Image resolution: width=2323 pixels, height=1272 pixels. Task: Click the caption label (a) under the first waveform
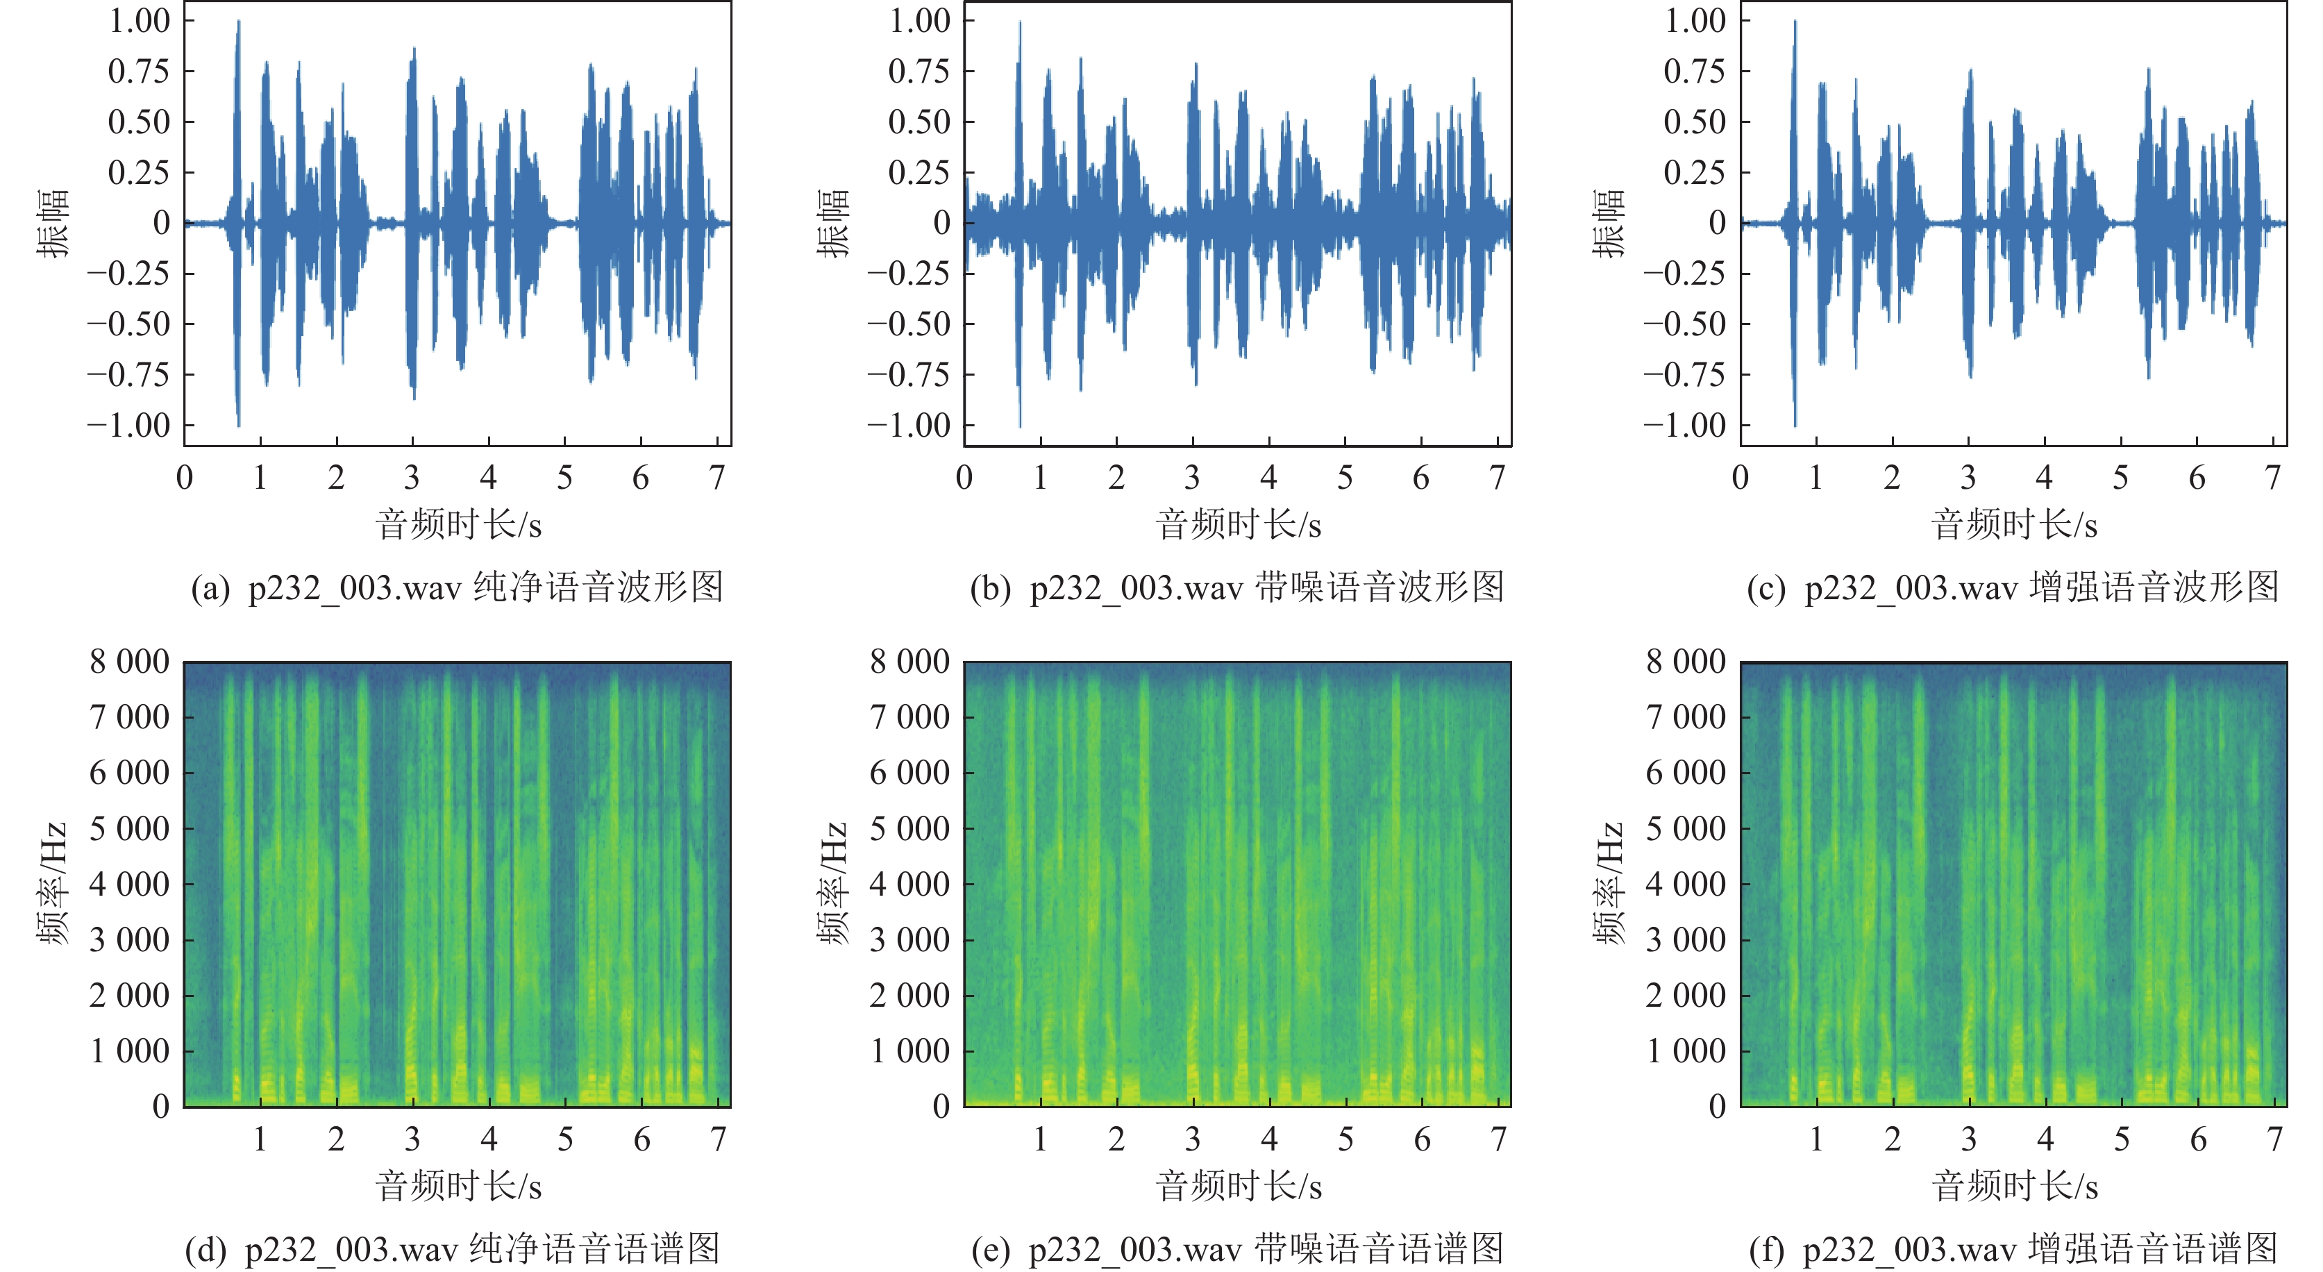[210, 589]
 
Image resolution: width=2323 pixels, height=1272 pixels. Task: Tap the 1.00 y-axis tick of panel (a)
[139, 21]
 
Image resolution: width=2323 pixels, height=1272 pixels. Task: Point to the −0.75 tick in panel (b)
[908, 374]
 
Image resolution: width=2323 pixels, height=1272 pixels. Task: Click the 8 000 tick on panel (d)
[130, 662]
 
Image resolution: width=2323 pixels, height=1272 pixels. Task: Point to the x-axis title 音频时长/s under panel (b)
[1238, 525]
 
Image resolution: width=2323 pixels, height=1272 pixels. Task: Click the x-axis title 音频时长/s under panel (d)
[458, 1187]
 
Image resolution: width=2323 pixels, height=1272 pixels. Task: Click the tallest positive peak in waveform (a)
[238, 22]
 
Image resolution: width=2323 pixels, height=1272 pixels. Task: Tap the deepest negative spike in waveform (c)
[1795, 425]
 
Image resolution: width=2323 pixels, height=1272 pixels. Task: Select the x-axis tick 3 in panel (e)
[1193, 1140]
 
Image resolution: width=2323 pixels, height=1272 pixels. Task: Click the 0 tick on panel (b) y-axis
[941, 223]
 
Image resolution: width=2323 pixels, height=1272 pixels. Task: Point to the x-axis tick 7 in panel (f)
[2275, 1140]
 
